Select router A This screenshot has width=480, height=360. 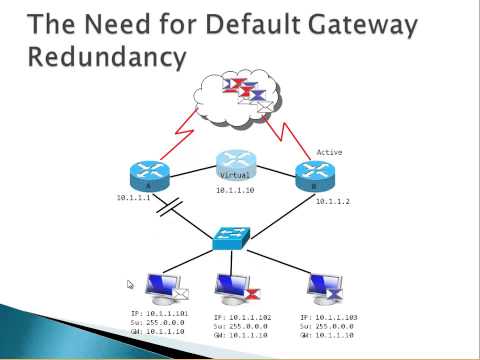coord(149,175)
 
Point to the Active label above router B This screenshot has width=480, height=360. coord(329,152)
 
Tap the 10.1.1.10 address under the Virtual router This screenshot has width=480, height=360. coord(236,190)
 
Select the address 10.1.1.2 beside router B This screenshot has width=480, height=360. coord(335,203)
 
